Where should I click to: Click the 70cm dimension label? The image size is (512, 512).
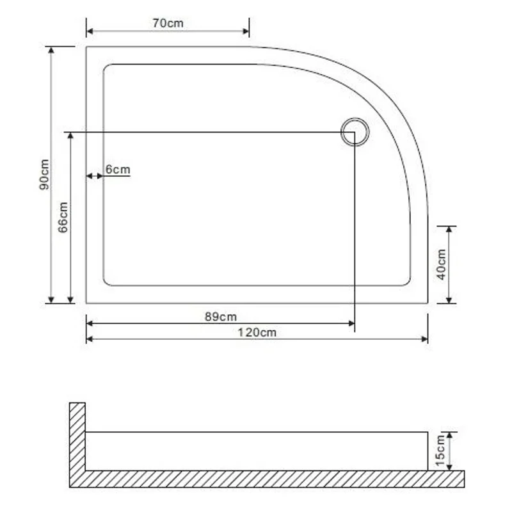pos(168,23)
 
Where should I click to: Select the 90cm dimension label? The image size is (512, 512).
pos(44,174)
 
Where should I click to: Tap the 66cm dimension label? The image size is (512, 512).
pos(63,217)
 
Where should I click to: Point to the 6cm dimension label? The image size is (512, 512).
pos(118,170)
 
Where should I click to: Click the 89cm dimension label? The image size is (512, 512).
pos(220,317)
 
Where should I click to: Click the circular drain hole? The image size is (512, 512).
pos(355,132)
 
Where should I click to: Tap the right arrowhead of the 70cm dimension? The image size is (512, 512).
pos(246,30)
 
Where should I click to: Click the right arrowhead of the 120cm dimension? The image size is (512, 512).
pos(424,339)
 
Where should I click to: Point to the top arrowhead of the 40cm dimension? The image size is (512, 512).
pos(449,230)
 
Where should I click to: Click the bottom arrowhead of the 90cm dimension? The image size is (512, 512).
pos(51,299)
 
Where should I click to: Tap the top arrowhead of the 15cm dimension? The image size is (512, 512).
pos(451,435)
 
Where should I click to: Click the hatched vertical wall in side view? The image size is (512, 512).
pos(77,438)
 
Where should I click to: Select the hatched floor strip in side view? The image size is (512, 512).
pos(269,479)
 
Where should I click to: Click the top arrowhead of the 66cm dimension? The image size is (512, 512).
pos(70,136)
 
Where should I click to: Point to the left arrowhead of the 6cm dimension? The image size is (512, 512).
pos(90,175)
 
